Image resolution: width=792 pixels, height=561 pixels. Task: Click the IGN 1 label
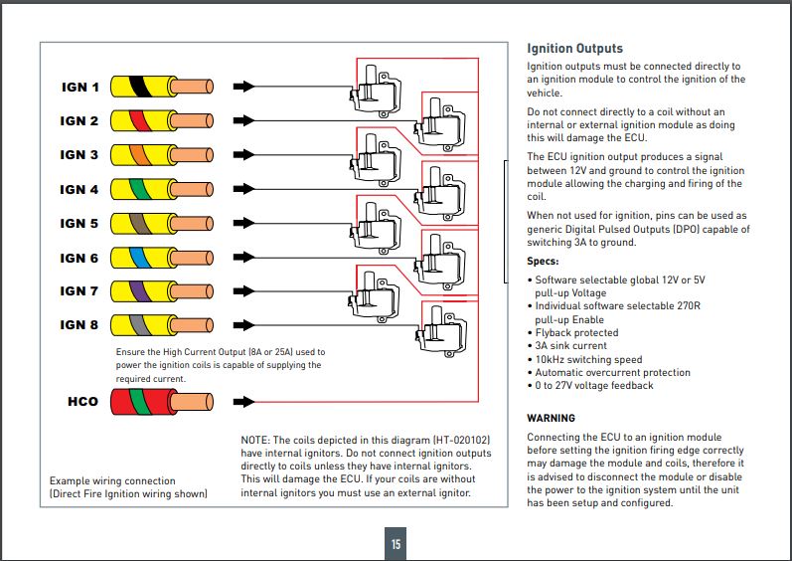pyautogui.click(x=80, y=88)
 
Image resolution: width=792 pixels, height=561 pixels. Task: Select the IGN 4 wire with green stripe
pyautogui.click(x=159, y=189)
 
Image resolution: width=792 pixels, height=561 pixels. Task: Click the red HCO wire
pyautogui.click(x=159, y=401)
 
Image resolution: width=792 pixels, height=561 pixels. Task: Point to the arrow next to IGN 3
pyautogui.click(x=242, y=155)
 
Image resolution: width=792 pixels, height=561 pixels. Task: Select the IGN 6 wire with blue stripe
pyautogui.click(x=159, y=258)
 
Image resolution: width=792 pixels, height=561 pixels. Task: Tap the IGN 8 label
pyautogui.click(x=79, y=325)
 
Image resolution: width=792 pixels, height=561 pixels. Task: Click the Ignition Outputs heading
pyautogui.click(x=574, y=48)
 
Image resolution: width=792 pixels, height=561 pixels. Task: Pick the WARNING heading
pyautogui.click(x=551, y=418)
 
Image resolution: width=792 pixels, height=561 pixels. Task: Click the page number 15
pyautogui.click(x=396, y=544)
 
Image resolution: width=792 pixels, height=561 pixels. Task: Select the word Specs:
pyautogui.click(x=545, y=262)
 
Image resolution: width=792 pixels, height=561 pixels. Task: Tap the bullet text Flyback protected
pyautogui.click(x=576, y=333)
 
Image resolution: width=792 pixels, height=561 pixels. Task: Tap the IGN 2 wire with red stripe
pyautogui.click(x=159, y=121)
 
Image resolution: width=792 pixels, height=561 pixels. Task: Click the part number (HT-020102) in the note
pyautogui.click(x=464, y=440)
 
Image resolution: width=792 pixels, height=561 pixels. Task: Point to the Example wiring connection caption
pyautogui.click(x=112, y=481)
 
